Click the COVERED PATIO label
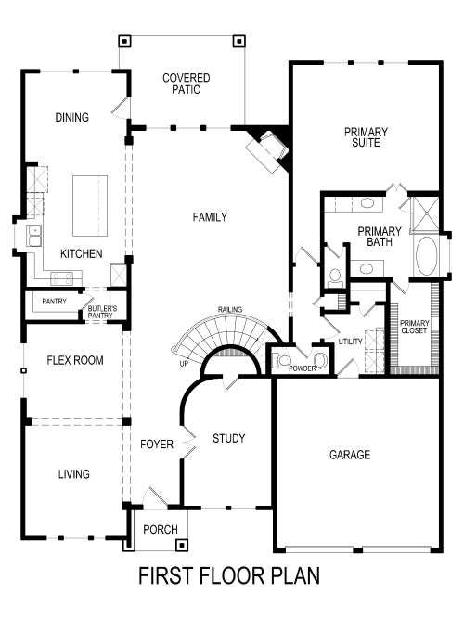pyautogui.click(x=187, y=84)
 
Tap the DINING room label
pyautogui.click(x=71, y=118)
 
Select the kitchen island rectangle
pyautogui.click(x=90, y=205)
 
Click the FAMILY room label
pyautogui.click(x=210, y=217)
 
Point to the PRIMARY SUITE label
pyautogui.click(x=366, y=137)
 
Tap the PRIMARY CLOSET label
pyautogui.click(x=413, y=327)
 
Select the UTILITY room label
pyautogui.click(x=351, y=342)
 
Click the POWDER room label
pyautogui.click(x=303, y=368)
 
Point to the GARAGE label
pyautogui.click(x=350, y=455)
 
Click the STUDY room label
pyautogui.click(x=228, y=438)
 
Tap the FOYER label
pyautogui.click(x=157, y=445)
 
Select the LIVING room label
pyautogui.click(x=73, y=474)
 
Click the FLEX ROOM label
pyautogui.click(x=75, y=360)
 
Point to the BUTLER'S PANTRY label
pyautogui.click(x=100, y=312)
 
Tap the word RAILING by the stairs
pyautogui.click(x=230, y=309)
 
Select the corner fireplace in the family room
pyautogui.click(x=268, y=148)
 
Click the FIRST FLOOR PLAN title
pyautogui.click(x=229, y=576)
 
